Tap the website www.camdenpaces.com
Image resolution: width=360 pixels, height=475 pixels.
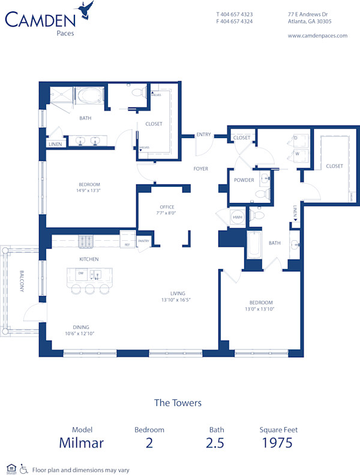coord(317,35)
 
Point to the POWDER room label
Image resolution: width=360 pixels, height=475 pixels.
coord(244,180)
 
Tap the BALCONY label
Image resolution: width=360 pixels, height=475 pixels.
coord(22,280)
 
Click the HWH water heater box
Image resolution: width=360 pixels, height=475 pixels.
coord(238,217)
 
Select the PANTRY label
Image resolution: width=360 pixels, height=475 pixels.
coord(143,241)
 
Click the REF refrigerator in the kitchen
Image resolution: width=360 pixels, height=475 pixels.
coord(127,244)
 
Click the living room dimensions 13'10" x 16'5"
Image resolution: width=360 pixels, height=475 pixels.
coord(179,300)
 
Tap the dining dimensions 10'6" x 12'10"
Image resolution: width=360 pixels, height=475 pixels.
coord(80,333)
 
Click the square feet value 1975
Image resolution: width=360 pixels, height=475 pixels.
coord(277,443)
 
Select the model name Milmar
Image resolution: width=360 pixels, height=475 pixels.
coord(81,443)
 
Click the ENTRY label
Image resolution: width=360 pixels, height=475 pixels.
coord(203,135)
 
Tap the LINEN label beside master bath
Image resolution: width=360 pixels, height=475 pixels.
coord(55,144)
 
